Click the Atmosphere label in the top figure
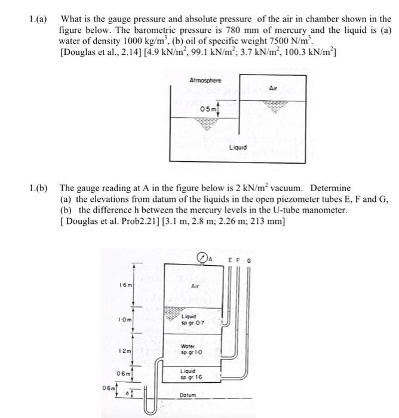click(x=205, y=80)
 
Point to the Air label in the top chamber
click(x=274, y=88)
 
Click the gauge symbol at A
click(x=204, y=257)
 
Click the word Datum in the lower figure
click(x=187, y=395)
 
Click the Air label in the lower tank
click(x=194, y=286)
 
